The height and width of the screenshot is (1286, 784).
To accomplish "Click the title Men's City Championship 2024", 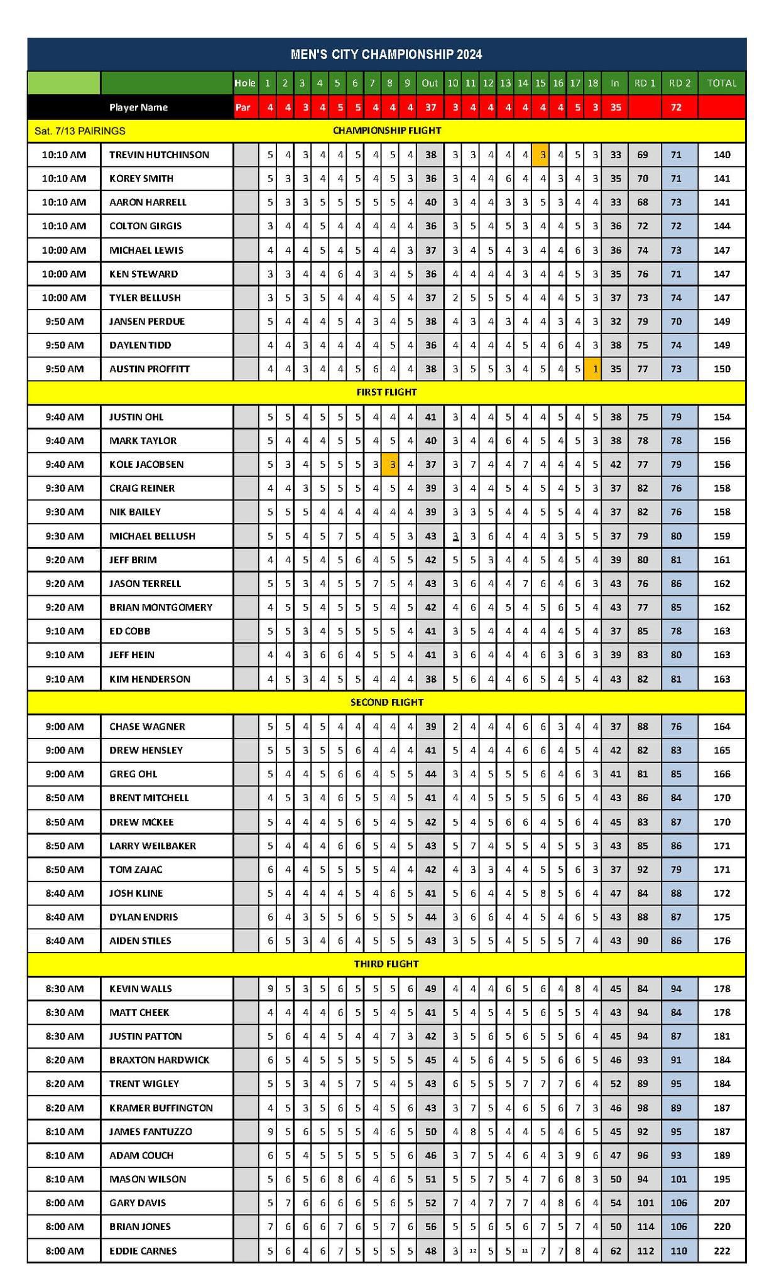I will tap(386, 55).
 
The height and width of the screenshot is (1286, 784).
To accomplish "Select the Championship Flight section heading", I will tap(386, 131).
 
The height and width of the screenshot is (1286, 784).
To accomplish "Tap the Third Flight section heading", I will tap(386, 963).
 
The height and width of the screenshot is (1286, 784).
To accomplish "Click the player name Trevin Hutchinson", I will tap(159, 154).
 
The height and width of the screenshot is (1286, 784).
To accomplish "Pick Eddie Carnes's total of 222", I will tap(722, 1250).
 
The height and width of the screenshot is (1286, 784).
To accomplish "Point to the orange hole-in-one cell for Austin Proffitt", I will tap(592, 369).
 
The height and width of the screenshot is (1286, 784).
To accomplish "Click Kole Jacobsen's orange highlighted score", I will tap(392, 464).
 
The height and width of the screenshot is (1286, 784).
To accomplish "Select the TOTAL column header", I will tap(722, 83).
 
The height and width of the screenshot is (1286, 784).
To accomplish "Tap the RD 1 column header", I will tap(645, 83).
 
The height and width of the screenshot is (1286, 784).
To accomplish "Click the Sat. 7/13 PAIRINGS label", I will tap(80, 131).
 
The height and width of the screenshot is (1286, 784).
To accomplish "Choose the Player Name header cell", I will tap(138, 107).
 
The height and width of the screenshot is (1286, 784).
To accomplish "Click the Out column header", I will tap(430, 83).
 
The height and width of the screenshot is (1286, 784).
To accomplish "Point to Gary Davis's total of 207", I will tap(722, 1202).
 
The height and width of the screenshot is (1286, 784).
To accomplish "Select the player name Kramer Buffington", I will tap(161, 1108).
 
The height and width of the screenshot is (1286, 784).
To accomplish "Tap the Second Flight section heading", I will tap(386, 702).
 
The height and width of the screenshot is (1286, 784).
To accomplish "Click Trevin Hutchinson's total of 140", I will tap(722, 154).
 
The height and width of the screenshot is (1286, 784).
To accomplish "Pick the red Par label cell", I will tap(243, 107).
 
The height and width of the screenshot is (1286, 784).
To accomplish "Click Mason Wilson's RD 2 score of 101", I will tap(678, 1179).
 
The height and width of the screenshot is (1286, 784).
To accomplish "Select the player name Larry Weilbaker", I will tap(153, 845).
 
